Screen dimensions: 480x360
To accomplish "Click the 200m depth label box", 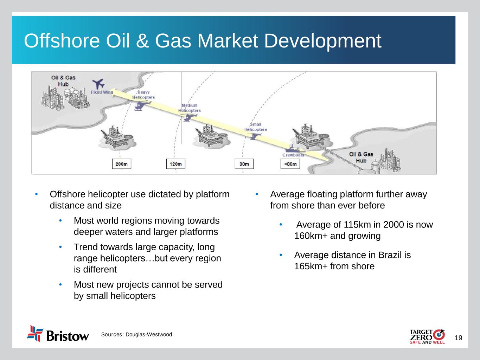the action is pyautogui.click(x=122, y=164).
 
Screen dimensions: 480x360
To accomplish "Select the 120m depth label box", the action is pyautogui.click(x=175, y=164).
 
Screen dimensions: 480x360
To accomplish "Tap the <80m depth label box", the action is pyautogui.click(x=290, y=164).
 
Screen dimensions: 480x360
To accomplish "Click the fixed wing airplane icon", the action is pyautogui.click(x=98, y=84).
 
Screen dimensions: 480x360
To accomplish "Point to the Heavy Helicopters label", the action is pyautogui.click(x=143, y=95).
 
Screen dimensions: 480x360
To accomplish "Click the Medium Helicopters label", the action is pyautogui.click(x=190, y=108).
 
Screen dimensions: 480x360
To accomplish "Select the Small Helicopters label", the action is pyautogui.click(x=256, y=127).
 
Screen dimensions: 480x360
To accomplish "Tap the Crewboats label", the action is pyautogui.click(x=293, y=155).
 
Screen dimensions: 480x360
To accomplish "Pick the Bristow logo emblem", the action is pyautogui.click(x=35, y=334).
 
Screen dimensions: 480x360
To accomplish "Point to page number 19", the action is pyautogui.click(x=458, y=338).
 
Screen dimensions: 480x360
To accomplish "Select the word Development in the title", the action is pyautogui.click(x=323, y=41).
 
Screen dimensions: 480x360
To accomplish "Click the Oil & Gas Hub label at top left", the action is pyautogui.click(x=63, y=81).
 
